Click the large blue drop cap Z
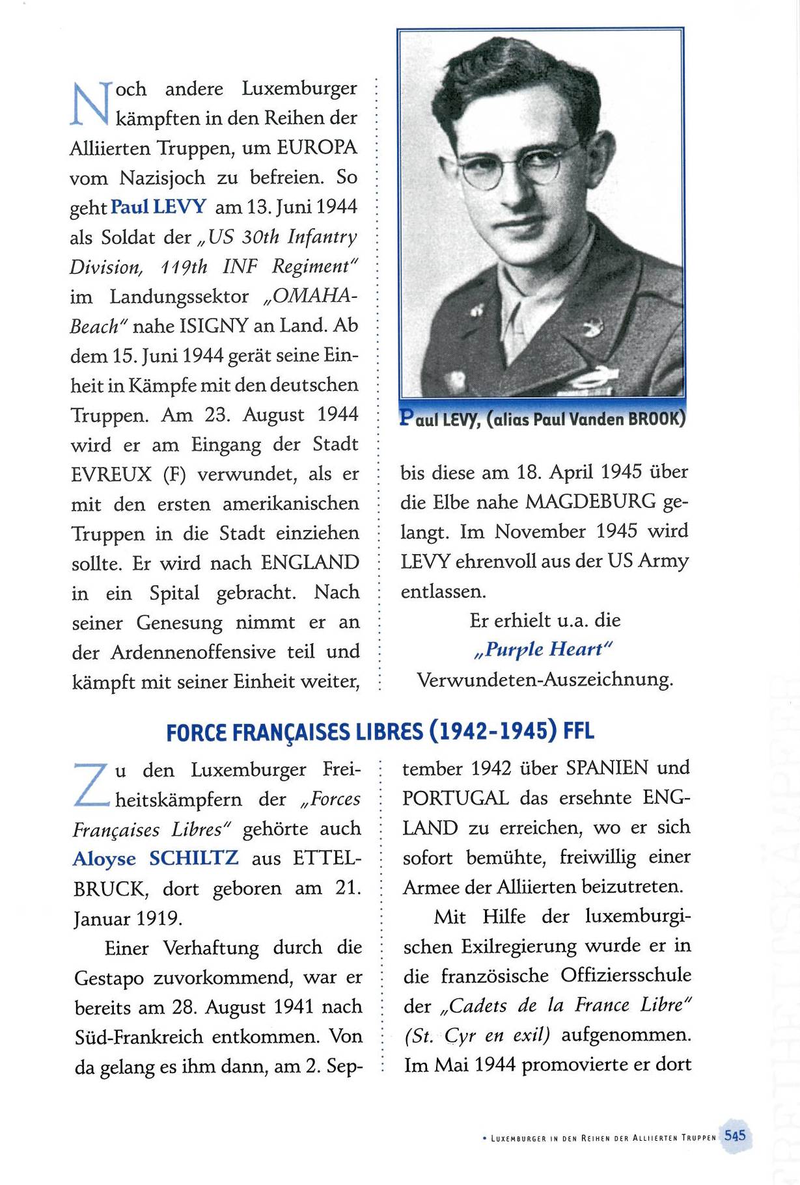point(91,785)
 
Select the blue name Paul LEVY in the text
point(158,207)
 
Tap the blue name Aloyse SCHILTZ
point(156,859)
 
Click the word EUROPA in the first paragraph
point(317,148)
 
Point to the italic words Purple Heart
point(544,649)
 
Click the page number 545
point(734,1135)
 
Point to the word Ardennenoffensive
point(193,652)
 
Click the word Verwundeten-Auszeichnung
point(545,680)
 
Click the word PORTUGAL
point(455,798)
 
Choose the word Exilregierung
point(519,946)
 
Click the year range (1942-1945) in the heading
point(493,732)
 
